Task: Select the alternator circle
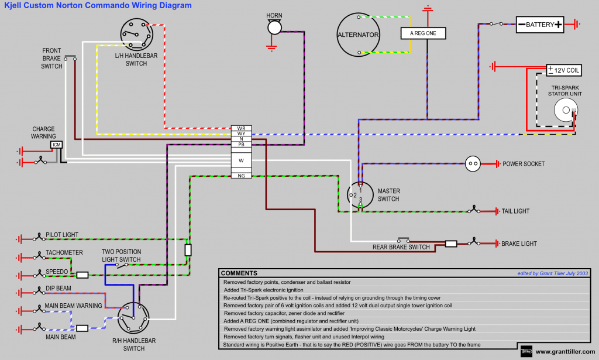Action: point(358,35)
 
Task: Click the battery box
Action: point(540,25)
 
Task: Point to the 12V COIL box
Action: point(563,70)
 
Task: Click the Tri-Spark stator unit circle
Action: point(565,109)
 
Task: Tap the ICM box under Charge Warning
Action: point(56,145)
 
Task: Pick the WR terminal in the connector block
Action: point(241,128)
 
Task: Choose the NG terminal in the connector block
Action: point(241,176)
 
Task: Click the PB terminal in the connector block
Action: point(241,144)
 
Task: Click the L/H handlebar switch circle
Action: point(136,33)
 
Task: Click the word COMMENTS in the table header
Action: point(239,273)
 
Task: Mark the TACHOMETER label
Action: point(64,253)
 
